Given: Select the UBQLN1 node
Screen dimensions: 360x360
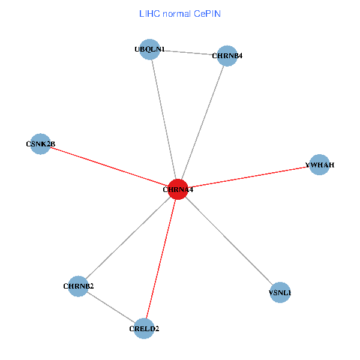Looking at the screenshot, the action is (x=149, y=49).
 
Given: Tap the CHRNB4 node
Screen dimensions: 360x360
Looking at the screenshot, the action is (x=226, y=56).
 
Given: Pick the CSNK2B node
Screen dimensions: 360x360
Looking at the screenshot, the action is (x=40, y=144).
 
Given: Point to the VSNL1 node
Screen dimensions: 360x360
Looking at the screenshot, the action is (x=280, y=293).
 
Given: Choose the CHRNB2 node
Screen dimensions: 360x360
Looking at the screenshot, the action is (x=79, y=286).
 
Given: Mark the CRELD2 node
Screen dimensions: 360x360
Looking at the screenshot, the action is (x=144, y=328).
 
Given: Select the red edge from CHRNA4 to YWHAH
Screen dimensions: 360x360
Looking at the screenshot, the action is (x=249, y=177).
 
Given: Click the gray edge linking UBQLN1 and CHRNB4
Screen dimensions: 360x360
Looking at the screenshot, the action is (x=188, y=53).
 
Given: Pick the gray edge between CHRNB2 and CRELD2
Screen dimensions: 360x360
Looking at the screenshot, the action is (x=112, y=307).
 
